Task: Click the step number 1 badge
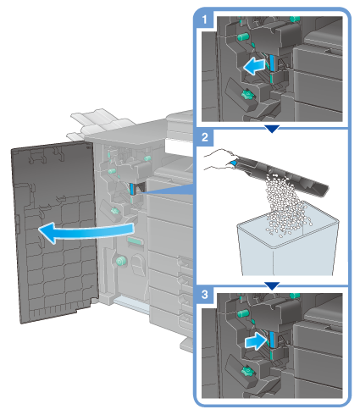204,19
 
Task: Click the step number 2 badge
204,137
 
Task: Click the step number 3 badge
204,295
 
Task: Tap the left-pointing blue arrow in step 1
254,66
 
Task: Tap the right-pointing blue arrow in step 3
256,341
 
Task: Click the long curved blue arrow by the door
85,231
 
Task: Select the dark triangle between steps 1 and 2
272,129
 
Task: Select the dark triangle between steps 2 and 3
272,285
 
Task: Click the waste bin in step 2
288,243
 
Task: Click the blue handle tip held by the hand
233,163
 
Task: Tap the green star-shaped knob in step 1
246,95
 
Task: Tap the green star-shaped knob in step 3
246,372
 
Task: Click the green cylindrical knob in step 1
243,36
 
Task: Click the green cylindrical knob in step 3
243,313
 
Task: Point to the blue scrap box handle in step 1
272,63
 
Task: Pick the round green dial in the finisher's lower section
121,261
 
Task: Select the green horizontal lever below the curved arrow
135,241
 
